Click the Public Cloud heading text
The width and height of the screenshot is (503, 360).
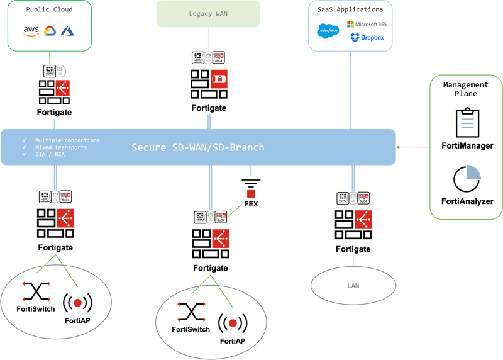coord(49,9)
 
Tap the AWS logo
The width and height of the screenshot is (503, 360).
coord(31,31)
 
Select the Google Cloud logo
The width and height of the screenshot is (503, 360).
coord(50,31)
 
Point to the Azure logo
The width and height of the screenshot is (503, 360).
coord(68,31)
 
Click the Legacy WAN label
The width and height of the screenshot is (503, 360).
coord(208,13)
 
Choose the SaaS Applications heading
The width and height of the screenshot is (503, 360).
coord(350,9)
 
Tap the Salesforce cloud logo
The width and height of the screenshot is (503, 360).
coord(328,30)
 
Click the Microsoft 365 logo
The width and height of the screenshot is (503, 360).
coord(367,24)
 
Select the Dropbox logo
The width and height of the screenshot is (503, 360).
coord(367,38)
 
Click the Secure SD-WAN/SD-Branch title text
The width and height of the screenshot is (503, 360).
coord(197,147)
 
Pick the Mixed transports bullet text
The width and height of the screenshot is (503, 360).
coord(61,147)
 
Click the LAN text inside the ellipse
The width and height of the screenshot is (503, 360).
coord(353,286)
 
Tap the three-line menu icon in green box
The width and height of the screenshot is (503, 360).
coord(467,123)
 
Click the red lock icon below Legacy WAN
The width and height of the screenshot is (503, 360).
coord(219,79)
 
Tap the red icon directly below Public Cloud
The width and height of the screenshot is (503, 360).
coord(62,88)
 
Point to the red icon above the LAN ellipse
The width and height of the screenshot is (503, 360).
coord(363,219)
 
